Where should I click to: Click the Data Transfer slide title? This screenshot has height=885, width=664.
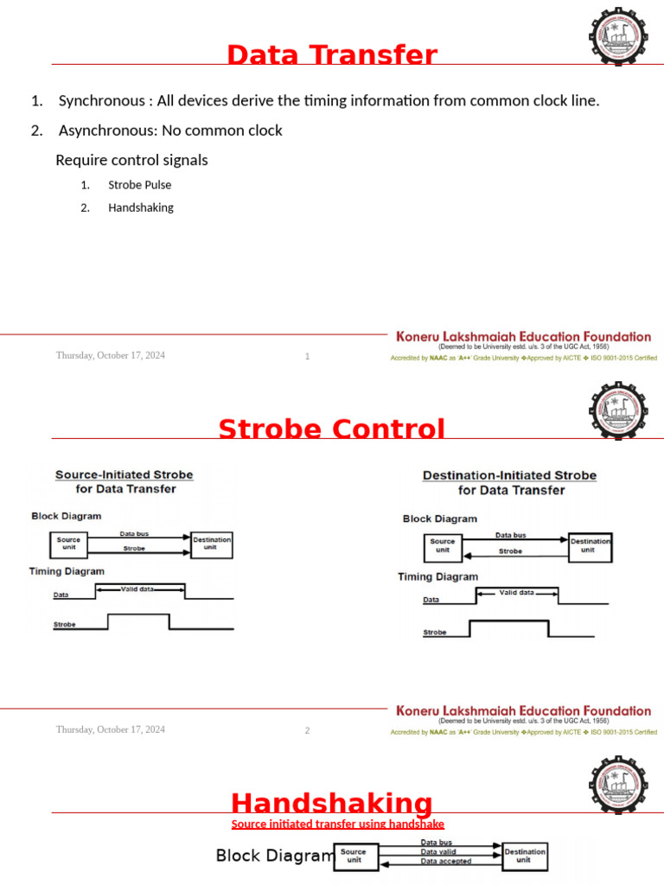coord(332,55)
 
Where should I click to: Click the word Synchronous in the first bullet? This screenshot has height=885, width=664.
coord(101,101)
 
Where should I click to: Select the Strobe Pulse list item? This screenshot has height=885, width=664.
coord(139,185)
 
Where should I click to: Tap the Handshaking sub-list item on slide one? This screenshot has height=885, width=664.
coord(140,207)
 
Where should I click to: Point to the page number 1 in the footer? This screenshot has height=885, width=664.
coord(307,357)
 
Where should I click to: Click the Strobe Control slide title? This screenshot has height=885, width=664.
coord(332,430)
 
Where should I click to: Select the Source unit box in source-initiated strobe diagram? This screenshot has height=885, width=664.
coord(69,544)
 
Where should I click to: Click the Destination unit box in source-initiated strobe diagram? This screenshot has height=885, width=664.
coord(212,544)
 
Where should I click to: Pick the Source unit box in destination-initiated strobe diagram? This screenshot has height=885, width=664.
coord(443,546)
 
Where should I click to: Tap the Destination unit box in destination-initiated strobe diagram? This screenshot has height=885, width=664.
coord(590,545)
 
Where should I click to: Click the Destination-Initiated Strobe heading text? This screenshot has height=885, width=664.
coord(509,475)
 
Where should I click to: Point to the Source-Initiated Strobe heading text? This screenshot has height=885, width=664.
coord(124,474)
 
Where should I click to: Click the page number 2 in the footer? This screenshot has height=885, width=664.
coord(307,730)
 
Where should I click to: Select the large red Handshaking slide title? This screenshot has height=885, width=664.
coord(332,803)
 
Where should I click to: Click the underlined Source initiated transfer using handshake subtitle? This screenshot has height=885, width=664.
coord(337,825)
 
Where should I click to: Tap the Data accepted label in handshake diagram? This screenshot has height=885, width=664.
coord(446,862)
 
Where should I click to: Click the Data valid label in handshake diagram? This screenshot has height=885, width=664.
coord(439,852)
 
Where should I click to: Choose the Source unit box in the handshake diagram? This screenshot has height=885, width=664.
coord(354,856)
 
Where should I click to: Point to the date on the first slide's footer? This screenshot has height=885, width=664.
coord(111,355)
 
